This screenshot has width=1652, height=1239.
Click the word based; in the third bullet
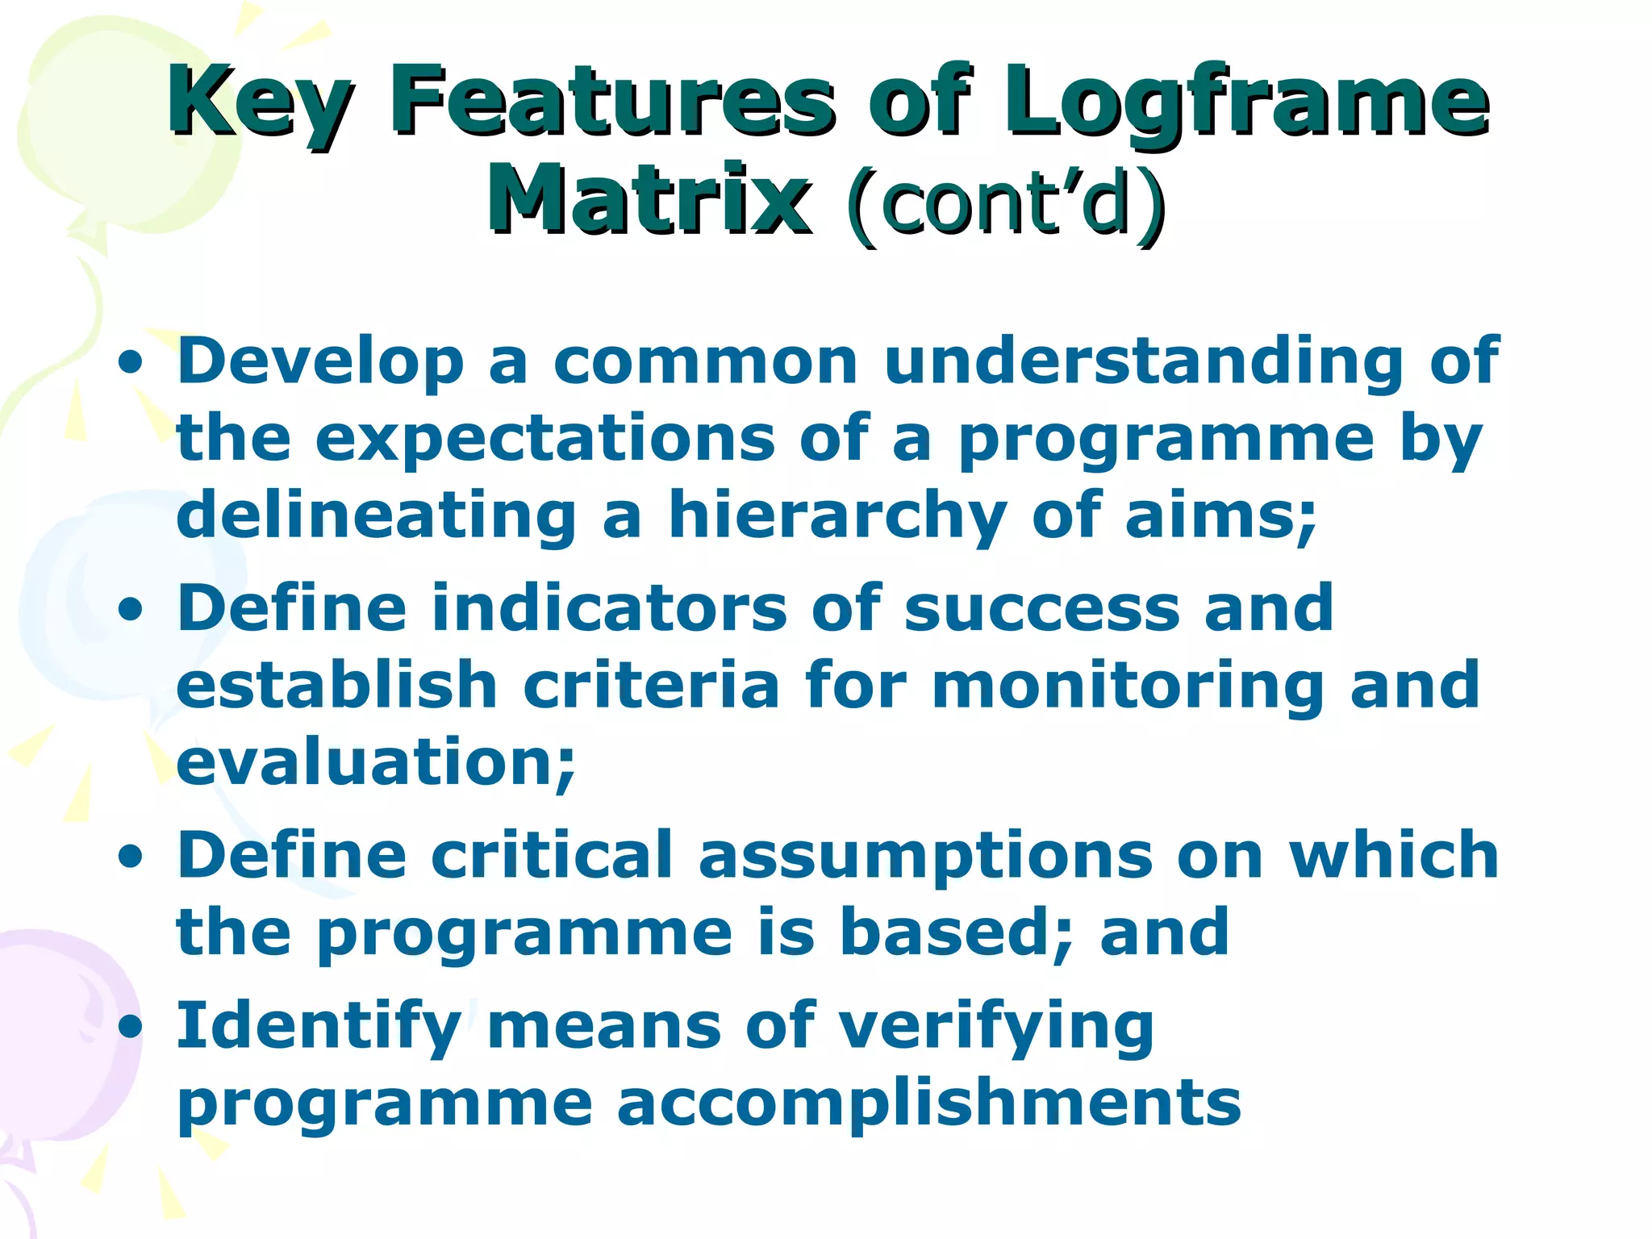(x=956, y=932)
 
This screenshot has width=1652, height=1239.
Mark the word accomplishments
(x=928, y=1103)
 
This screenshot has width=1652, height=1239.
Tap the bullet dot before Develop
(x=130, y=364)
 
